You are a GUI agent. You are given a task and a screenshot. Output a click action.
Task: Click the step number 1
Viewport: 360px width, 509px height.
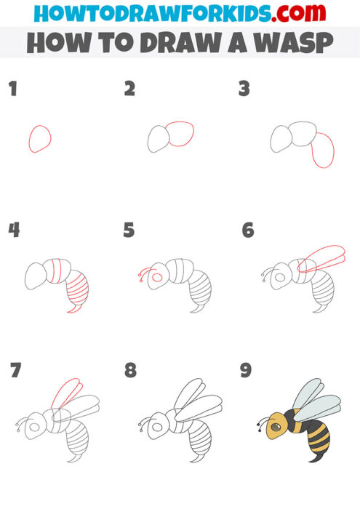tap(12, 89)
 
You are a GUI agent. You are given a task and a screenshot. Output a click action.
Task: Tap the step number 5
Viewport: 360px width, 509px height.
tap(129, 231)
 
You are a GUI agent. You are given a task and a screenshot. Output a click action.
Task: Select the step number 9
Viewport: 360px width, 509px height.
tap(246, 371)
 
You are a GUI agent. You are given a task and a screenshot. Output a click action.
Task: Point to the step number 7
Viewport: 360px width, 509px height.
tap(15, 371)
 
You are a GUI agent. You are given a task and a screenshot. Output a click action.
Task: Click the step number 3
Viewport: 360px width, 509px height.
tap(245, 89)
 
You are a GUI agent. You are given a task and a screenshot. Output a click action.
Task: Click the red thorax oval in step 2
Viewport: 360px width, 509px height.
tap(180, 133)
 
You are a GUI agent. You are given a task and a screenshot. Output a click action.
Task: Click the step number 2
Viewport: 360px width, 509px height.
tap(129, 89)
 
